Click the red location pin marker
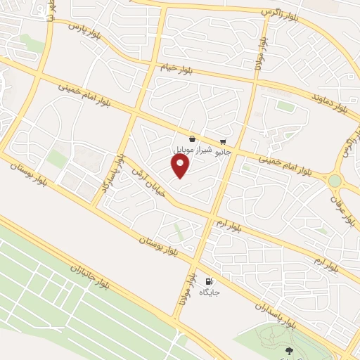181,166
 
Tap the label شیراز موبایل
191,150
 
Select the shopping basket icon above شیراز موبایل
192,139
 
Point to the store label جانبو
223,150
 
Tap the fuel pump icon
207,280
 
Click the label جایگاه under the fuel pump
210,291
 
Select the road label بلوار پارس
84,32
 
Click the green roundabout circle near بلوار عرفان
335,181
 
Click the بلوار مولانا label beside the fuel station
188,289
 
